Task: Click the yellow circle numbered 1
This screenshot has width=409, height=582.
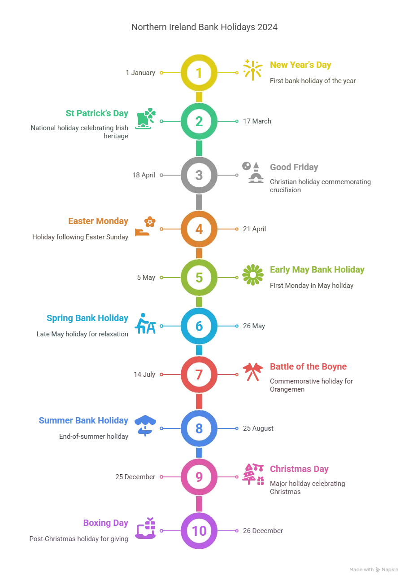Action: [x=199, y=72]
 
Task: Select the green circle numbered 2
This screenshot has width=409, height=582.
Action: [x=199, y=121]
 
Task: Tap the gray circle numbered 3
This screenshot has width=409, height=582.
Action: [x=199, y=175]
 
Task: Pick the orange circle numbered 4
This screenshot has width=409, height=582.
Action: [x=199, y=229]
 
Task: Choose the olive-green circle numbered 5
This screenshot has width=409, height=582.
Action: [x=199, y=278]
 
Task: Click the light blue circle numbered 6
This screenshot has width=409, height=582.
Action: [x=199, y=326]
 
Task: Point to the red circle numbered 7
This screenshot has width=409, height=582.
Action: [x=199, y=374]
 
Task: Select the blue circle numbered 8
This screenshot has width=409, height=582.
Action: [x=199, y=428]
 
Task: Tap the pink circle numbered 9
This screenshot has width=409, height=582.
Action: [x=199, y=477]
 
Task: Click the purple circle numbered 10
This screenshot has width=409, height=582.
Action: [x=199, y=531]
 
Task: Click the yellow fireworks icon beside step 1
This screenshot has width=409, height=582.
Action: [x=252, y=70]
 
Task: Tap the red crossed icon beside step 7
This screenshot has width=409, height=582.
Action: [x=252, y=373]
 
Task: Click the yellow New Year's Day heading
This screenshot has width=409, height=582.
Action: [x=300, y=65]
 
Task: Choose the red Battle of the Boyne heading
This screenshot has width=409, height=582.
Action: [x=308, y=366]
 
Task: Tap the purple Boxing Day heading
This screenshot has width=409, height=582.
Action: [x=105, y=524]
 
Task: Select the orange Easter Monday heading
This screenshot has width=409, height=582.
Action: [x=98, y=221]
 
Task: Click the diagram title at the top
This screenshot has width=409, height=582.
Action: [x=204, y=27]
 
